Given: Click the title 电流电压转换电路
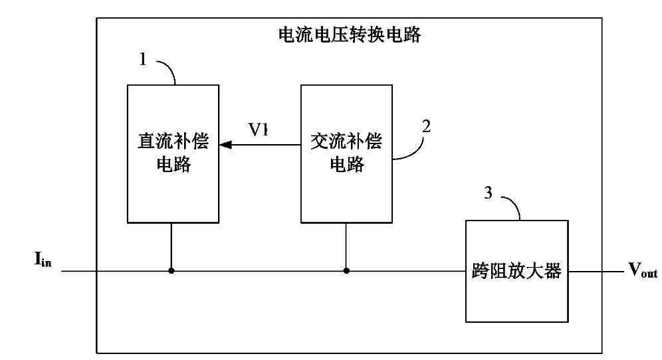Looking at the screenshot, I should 349,35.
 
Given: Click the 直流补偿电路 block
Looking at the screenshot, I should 171,153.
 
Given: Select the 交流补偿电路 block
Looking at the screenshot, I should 346,153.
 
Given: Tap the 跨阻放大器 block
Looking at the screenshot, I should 516,271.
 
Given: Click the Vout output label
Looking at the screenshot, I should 643,270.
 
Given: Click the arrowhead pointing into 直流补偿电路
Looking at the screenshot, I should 226,143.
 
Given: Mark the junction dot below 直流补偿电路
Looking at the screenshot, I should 171,271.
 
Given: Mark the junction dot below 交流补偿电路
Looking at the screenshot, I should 346,271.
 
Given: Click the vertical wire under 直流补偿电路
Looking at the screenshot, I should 171,246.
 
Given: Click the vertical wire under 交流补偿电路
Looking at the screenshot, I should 346,246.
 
